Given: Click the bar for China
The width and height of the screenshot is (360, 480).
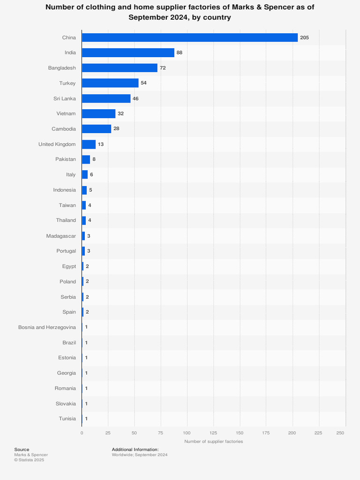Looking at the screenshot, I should [x=190, y=37].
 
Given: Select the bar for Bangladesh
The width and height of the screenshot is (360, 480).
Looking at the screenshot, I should [x=120, y=68].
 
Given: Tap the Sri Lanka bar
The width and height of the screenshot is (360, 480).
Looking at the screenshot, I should [x=106, y=98].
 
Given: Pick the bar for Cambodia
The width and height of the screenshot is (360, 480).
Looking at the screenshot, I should [x=97, y=129].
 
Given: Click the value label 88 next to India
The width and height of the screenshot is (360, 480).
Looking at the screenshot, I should [x=179, y=52].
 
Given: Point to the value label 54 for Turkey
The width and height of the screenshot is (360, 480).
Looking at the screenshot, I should [x=144, y=83].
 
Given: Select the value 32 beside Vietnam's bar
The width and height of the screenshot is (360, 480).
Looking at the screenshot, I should [x=120, y=113].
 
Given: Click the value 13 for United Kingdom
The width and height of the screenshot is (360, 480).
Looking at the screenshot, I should [x=101, y=144].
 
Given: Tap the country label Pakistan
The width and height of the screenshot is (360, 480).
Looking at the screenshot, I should [x=65, y=159].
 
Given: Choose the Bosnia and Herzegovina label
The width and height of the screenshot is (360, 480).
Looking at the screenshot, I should [x=47, y=327].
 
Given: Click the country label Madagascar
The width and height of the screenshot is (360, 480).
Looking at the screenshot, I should [x=61, y=236].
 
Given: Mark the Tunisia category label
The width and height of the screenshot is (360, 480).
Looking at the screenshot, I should [x=67, y=419].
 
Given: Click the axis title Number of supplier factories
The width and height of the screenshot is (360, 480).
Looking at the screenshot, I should [x=214, y=442].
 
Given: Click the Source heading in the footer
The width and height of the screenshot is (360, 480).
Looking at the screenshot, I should [x=22, y=450].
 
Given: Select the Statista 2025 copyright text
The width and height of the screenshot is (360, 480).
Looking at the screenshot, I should [x=29, y=460].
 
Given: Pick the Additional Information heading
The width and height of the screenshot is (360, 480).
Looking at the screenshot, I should [x=135, y=450].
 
